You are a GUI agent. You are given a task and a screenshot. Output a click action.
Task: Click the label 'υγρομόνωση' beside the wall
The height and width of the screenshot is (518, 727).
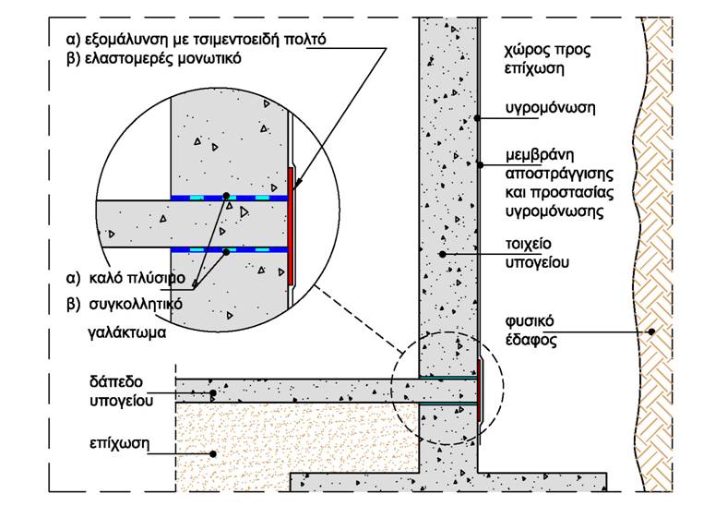click(550, 108)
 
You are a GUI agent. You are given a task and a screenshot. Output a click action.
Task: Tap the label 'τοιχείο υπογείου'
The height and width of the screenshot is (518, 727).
click(537, 253)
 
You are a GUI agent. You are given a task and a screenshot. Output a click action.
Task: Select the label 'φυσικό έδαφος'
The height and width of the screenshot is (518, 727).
click(530, 331)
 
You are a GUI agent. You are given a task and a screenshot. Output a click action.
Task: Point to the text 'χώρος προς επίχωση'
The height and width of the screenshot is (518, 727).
click(548, 59)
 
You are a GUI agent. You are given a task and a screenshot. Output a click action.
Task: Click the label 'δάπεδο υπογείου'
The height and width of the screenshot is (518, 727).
click(121, 391)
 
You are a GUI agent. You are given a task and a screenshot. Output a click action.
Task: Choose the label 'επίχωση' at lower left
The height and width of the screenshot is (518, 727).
click(119, 443)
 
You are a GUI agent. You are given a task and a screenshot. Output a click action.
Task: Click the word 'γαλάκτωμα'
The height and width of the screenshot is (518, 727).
click(126, 332)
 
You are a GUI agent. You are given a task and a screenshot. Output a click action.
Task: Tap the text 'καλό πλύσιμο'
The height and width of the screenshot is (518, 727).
click(137, 279)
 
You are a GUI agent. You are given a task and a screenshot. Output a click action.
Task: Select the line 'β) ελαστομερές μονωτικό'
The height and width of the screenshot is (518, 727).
click(154, 59)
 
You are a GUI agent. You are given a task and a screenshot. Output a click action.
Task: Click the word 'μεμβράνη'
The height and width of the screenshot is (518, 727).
click(540, 155)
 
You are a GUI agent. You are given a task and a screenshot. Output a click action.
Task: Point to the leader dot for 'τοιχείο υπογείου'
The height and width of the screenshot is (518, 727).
click(442, 254)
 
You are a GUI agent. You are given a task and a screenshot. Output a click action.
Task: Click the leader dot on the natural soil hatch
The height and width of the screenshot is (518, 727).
click(651, 331)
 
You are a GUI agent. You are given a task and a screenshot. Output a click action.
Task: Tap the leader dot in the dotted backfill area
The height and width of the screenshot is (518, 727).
click(213, 454)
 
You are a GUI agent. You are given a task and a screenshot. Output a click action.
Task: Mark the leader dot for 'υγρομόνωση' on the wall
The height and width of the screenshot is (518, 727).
click(477, 118)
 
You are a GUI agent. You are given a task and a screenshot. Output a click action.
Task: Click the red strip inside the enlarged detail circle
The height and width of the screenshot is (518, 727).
click(291, 226)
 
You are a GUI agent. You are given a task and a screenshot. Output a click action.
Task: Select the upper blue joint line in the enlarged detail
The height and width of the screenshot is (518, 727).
click(230, 198)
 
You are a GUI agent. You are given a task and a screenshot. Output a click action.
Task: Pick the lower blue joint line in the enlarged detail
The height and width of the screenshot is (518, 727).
click(230, 250)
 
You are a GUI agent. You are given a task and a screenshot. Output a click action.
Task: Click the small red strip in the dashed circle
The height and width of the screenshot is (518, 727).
click(479, 391)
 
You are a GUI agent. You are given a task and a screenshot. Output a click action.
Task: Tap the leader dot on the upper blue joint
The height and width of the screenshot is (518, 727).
click(226, 196)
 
